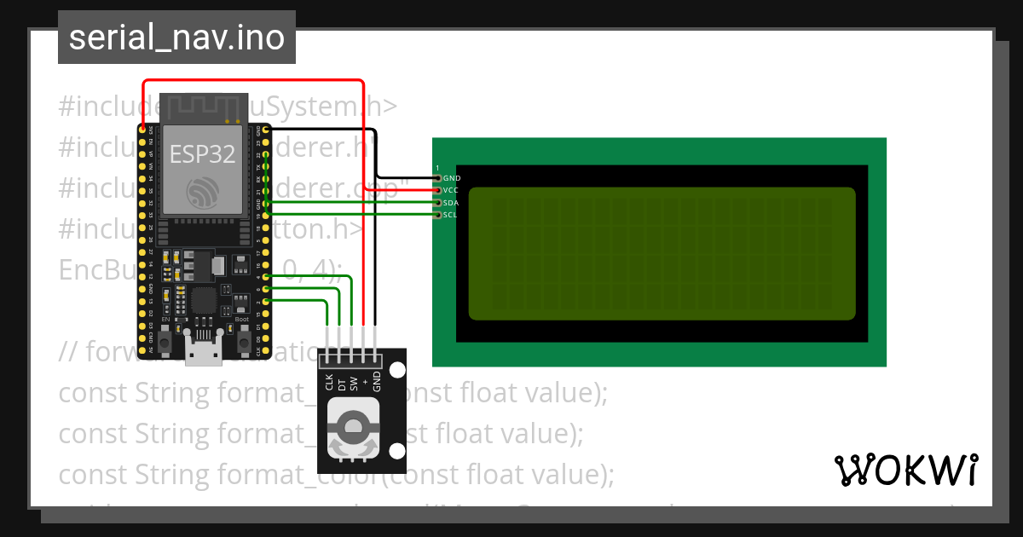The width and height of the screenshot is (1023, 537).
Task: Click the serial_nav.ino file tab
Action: [176, 38]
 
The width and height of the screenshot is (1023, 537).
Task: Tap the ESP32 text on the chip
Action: [198, 154]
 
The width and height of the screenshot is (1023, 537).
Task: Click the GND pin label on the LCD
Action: [452, 178]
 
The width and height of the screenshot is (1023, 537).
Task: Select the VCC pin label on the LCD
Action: [451, 190]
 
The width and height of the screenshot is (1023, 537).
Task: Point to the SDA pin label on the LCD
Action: [451, 203]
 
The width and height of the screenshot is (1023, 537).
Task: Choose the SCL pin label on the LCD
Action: [450, 215]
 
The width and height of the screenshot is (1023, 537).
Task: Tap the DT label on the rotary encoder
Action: [341, 385]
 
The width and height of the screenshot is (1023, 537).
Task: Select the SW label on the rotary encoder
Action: [353, 384]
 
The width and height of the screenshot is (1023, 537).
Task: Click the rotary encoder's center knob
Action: [351, 423]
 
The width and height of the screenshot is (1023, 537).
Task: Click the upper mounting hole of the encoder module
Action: [397, 370]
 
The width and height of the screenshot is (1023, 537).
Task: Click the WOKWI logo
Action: [905, 470]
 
